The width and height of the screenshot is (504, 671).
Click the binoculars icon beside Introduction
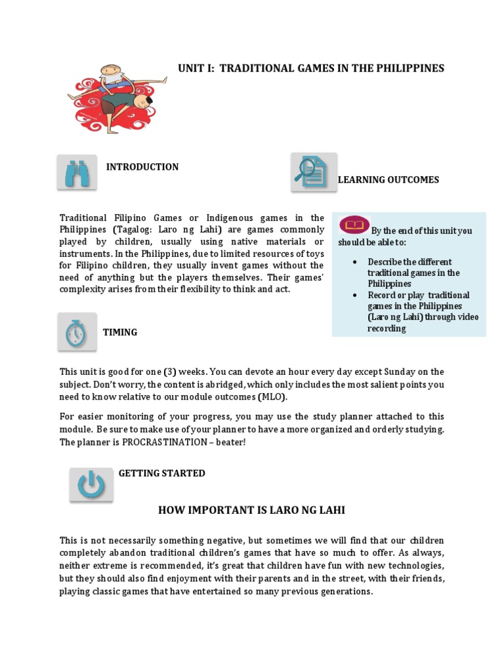[x=76, y=172]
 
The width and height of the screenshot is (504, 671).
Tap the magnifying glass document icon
[x=313, y=172]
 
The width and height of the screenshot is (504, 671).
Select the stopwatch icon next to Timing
[x=76, y=332]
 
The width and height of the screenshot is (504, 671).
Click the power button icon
[x=91, y=486]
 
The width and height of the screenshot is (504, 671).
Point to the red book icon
[x=355, y=225]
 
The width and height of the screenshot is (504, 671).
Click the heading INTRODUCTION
[x=142, y=167]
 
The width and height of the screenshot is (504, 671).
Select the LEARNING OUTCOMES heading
[x=388, y=180]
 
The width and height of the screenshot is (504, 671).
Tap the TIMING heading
[x=120, y=332]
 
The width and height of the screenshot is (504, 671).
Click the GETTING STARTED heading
[x=161, y=473]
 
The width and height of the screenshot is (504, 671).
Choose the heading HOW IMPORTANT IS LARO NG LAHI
[x=251, y=510]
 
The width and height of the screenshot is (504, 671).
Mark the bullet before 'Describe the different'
[x=355, y=262]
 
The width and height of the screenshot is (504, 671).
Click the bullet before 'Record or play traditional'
[x=355, y=296]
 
